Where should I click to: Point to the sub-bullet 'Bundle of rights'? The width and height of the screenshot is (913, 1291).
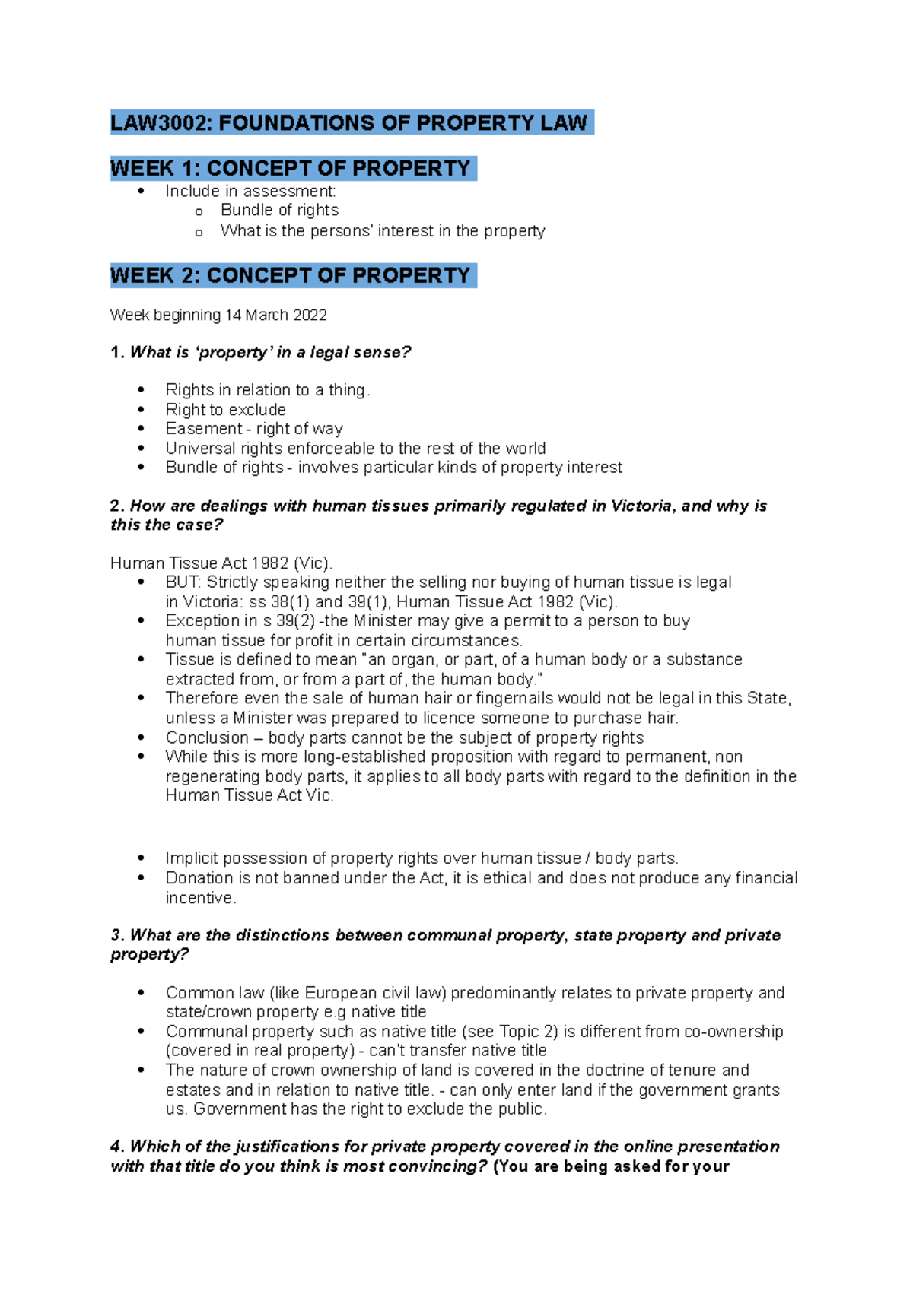click(279, 210)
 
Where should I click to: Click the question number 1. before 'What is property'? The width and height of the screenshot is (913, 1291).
click(117, 353)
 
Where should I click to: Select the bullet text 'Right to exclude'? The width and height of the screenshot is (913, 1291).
click(225, 410)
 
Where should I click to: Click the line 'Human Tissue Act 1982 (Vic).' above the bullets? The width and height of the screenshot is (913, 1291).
click(221, 563)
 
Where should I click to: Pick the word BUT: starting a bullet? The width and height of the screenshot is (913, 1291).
click(183, 582)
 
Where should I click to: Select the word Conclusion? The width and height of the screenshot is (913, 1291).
click(207, 738)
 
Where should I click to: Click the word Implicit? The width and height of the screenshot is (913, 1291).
click(192, 858)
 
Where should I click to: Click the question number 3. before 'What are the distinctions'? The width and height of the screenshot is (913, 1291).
click(117, 936)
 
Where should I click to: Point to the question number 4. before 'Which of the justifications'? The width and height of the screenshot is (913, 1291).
click(117, 1147)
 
